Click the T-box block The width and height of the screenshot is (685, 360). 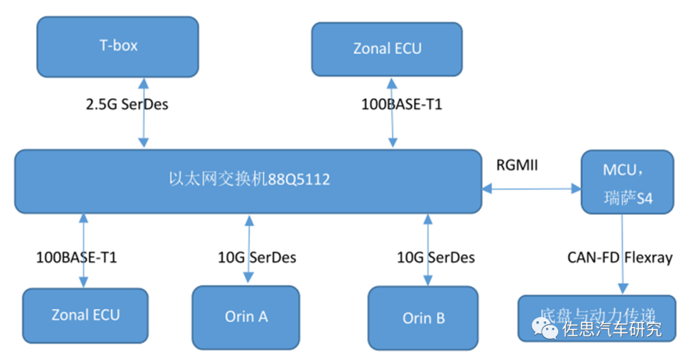click(x=117, y=46)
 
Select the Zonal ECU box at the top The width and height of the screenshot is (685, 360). click(x=386, y=49)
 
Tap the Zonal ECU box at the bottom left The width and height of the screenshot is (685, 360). click(x=85, y=315)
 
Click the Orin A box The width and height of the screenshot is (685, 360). click(x=245, y=316)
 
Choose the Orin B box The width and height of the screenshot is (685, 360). click(x=423, y=318)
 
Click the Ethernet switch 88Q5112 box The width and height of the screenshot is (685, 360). click(x=248, y=181)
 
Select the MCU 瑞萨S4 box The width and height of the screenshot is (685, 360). click(x=627, y=182)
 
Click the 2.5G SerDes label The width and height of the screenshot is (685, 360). click(x=127, y=104)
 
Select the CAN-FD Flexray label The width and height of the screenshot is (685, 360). click(x=619, y=257)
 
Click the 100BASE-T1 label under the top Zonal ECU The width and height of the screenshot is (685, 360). click(x=401, y=105)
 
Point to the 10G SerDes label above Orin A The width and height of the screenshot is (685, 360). click(x=257, y=257)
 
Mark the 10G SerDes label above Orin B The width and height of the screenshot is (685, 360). click(x=436, y=257)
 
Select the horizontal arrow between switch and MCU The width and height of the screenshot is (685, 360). click(x=531, y=188)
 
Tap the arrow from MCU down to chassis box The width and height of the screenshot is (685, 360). click(x=622, y=254)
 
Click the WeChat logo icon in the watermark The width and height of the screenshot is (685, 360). click(x=545, y=328)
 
